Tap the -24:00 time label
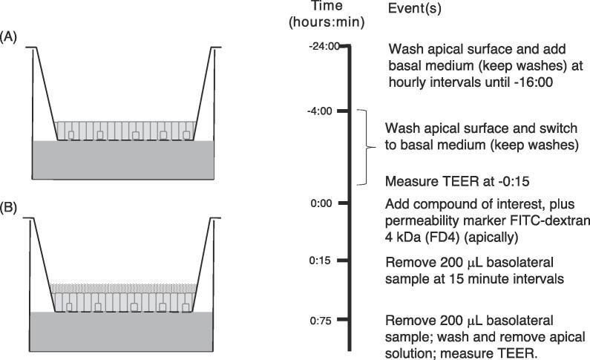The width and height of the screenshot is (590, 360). click(324, 46)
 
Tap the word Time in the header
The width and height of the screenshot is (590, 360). click(327, 7)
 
